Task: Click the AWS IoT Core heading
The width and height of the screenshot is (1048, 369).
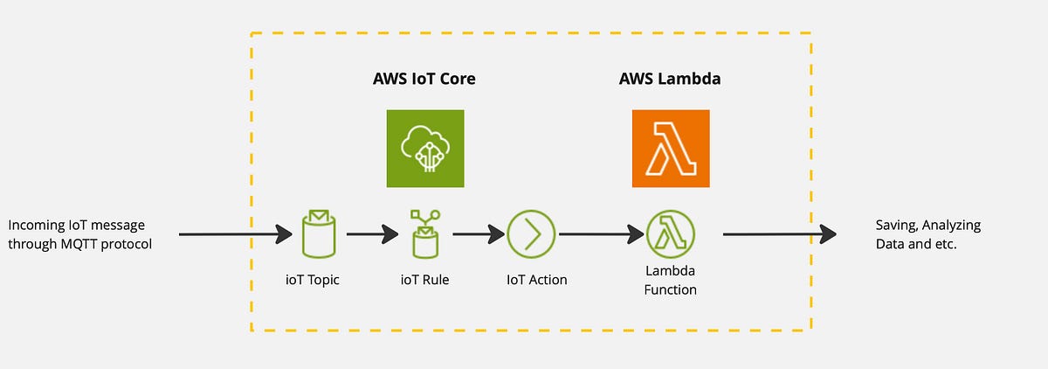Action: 424,80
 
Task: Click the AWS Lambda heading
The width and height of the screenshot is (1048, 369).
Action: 670,80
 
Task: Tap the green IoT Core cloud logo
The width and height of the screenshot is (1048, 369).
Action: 425,149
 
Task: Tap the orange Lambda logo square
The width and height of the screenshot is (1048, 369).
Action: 671,149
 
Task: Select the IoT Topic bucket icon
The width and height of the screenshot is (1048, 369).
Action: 315,233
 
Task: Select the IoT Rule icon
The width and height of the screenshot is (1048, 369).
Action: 424,233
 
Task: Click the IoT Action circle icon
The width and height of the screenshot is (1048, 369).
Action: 531,234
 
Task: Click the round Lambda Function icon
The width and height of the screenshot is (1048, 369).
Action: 670,234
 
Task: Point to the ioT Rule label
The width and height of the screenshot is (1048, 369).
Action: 424,280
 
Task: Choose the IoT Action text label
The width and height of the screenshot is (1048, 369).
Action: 536,280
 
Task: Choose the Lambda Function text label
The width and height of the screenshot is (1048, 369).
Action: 670,281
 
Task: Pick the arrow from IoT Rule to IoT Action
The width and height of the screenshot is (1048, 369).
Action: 479,234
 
